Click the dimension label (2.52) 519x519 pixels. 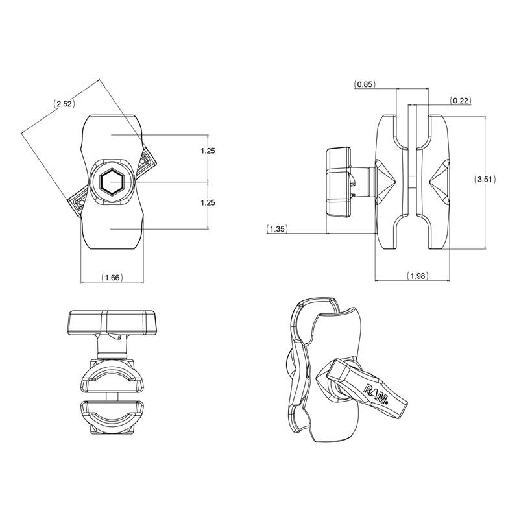coord(64,104)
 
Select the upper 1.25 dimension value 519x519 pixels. coord(208,151)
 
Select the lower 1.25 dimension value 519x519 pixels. coord(208,203)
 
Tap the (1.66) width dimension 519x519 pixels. coord(112,278)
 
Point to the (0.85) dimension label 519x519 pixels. coord(365,84)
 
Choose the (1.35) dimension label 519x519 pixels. coord(277,228)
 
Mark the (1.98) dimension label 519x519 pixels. coord(417,276)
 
